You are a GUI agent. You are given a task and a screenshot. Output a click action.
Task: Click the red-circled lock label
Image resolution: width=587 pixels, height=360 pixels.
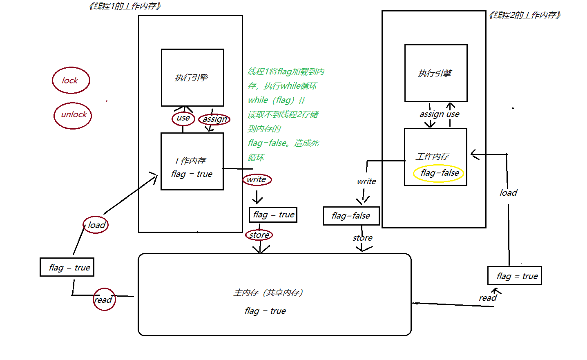[71, 80]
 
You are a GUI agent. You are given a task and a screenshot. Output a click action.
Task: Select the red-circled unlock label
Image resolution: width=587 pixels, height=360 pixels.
[73, 115]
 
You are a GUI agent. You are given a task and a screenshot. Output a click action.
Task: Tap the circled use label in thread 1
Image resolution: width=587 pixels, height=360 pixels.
[183, 118]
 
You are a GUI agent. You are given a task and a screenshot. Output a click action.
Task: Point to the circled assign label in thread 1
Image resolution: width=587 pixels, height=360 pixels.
[214, 119]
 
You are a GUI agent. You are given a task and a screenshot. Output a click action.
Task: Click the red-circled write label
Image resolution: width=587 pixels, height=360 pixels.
[257, 179]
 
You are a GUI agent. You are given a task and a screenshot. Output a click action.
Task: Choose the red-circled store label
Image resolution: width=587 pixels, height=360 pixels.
[259, 235]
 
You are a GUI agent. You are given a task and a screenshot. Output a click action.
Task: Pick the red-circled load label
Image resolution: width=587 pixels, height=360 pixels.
[96, 225]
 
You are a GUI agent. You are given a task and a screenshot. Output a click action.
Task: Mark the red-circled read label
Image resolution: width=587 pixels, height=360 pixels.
[104, 300]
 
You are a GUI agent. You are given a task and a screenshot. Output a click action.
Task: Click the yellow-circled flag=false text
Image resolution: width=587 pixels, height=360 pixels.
[440, 173]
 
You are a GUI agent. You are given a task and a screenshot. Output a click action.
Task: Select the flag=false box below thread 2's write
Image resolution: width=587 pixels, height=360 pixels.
[351, 216]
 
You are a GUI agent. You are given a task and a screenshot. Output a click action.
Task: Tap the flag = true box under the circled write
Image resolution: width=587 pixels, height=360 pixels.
[273, 215]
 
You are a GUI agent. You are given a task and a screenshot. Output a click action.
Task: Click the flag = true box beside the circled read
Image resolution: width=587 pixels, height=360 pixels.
[67, 267]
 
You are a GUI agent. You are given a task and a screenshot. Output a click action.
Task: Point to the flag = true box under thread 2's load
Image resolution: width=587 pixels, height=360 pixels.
[515, 276]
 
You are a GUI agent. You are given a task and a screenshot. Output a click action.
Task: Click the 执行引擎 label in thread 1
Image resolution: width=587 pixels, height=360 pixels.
[192, 78]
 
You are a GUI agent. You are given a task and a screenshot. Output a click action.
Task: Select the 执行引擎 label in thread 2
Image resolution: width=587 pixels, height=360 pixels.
[435, 73]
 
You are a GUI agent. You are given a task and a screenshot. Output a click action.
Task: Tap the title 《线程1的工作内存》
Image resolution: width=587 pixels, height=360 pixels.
[125, 6]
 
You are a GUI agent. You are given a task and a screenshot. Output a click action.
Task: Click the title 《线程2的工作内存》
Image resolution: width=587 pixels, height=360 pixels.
[525, 16]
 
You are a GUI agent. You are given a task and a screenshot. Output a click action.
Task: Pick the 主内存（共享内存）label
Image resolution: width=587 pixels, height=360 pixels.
[268, 293]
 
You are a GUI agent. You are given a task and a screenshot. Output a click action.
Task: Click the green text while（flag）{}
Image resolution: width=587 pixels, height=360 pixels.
[276, 100]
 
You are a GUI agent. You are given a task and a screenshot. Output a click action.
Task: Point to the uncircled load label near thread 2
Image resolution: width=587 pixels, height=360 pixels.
[508, 193]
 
